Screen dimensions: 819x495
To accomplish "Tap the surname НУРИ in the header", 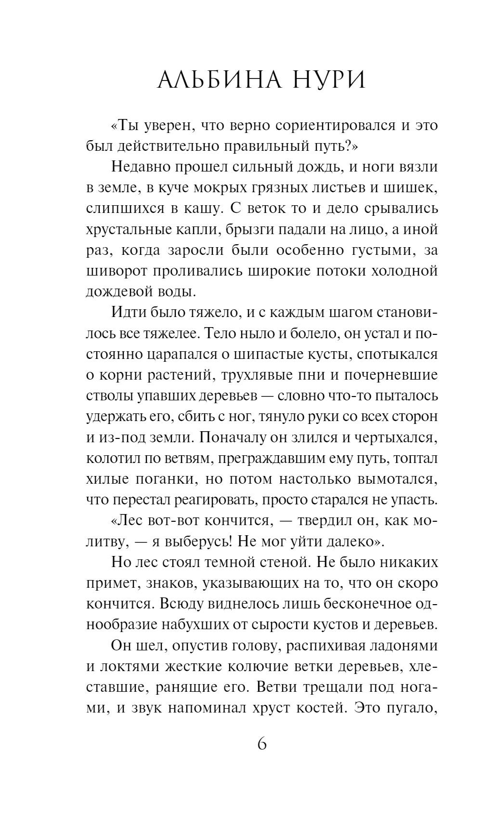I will pos(327,80).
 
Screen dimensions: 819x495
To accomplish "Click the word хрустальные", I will pos(127,229).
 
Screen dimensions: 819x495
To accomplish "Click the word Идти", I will pos(126,313).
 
